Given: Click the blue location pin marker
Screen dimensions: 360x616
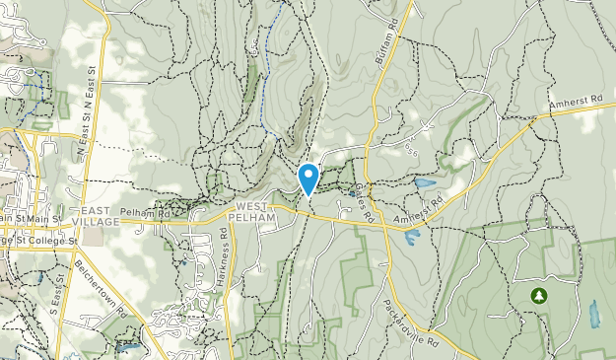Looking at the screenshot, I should tap(308, 179).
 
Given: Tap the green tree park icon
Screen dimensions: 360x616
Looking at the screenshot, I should tap(538, 295).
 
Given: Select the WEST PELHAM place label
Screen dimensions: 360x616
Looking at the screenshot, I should tap(255, 210).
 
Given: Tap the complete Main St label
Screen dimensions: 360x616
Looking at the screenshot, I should tap(43, 219).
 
